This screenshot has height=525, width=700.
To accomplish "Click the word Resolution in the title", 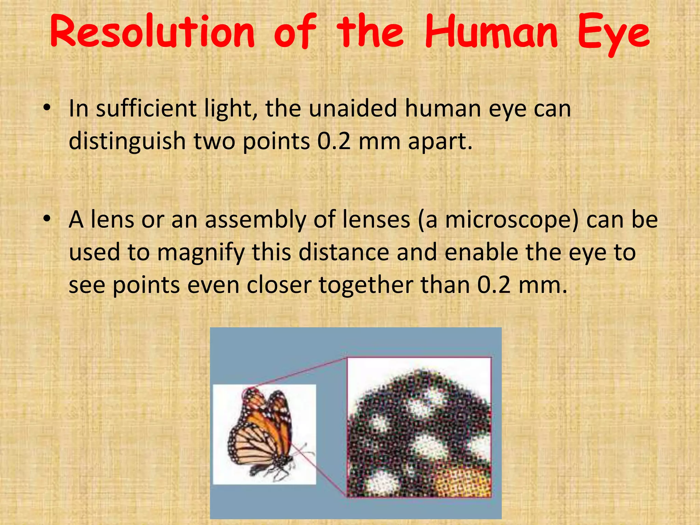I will click(152, 32).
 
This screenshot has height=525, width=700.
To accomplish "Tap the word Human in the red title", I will click(492, 32).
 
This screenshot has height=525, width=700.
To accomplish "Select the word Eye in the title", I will click(614, 34).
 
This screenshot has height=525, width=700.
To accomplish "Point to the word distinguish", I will click(127, 142).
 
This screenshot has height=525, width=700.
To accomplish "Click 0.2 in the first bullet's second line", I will click(334, 141).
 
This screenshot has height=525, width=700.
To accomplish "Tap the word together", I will click(366, 286).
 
